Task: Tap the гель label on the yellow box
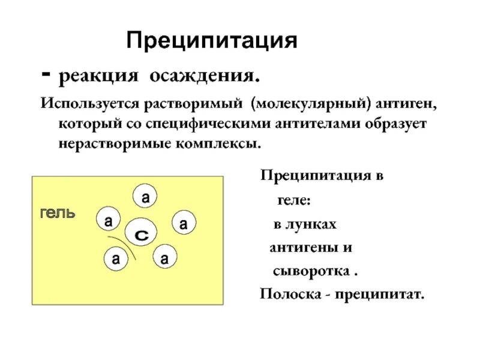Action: tap(58, 212)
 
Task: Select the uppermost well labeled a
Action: tap(145, 197)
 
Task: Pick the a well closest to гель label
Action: tap(108, 221)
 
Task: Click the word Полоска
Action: tap(286, 294)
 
